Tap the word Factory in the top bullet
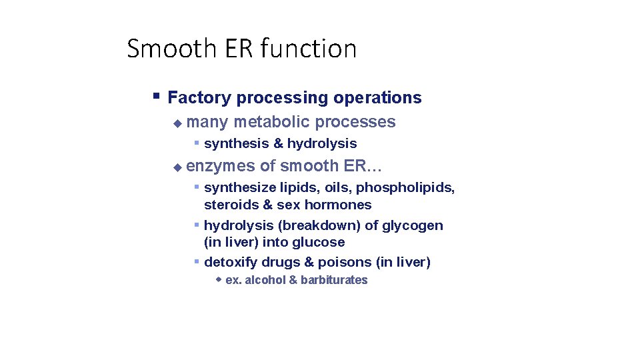pyautogui.click(x=199, y=98)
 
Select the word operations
pyautogui.click(x=377, y=98)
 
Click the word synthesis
pyautogui.click(x=236, y=143)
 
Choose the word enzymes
pyautogui.click(x=221, y=166)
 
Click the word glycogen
pyautogui.click(x=413, y=225)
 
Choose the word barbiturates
pyautogui.click(x=334, y=280)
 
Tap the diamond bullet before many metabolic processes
pyautogui.click(x=177, y=123)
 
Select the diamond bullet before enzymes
pyautogui.click(x=177, y=167)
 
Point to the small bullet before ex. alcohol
pyautogui.click(x=219, y=279)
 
